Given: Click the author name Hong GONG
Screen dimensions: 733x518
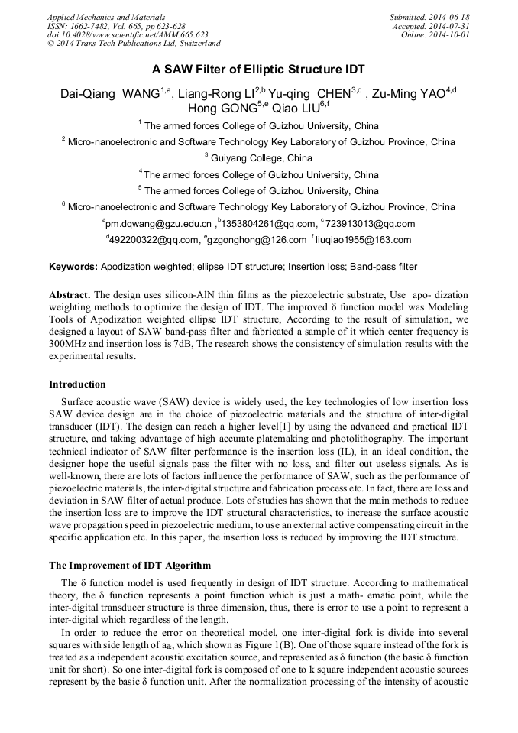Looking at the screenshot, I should [x=222, y=109].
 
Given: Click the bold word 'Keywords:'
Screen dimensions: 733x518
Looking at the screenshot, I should [x=73, y=268].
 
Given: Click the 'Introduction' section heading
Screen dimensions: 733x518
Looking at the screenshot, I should [x=77, y=384].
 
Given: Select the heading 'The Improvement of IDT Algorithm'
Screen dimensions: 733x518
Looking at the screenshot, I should [x=129, y=566].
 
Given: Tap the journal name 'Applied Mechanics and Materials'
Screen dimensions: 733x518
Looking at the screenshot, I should [x=106, y=17].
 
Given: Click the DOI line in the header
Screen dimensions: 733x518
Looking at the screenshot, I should [x=128, y=35].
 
